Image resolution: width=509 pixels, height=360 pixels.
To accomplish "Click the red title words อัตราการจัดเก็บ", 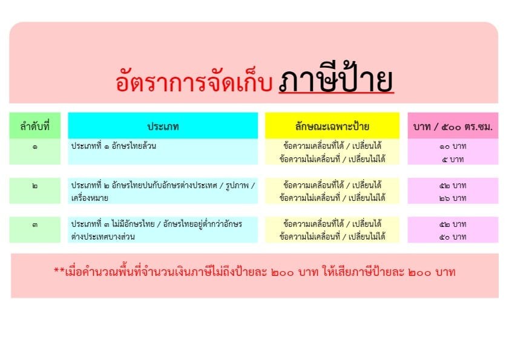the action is [194, 81].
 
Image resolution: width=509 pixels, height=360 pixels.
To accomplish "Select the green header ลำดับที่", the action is [34, 126].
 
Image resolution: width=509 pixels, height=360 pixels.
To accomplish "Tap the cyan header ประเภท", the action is [163, 126].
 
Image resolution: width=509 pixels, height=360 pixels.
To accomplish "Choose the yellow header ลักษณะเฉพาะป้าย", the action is [332, 126].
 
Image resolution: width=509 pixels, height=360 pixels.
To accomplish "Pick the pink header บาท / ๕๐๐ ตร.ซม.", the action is [453, 126].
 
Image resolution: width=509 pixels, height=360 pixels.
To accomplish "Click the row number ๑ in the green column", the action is [34, 147].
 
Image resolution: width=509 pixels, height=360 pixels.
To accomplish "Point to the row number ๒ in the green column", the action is [34, 186].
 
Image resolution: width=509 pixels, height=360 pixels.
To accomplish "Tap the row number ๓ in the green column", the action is [34, 224].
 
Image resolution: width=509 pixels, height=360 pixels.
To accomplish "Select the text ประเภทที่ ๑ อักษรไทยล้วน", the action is [114, 146].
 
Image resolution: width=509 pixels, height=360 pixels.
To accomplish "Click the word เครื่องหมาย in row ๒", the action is [90, 198].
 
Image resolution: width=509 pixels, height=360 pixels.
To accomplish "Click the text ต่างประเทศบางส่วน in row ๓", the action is [103, 237].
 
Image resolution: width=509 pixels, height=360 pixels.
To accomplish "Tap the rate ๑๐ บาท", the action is [453, 146].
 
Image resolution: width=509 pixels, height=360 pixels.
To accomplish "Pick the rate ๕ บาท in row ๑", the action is [453, 159].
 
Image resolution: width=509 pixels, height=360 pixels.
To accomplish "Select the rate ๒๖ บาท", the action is [453, 198].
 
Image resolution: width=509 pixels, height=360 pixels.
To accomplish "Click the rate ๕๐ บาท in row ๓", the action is [453, 237].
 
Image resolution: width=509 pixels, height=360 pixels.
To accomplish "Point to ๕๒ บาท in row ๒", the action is [453, 185].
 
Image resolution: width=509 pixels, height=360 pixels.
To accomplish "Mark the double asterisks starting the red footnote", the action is [59, 270].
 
